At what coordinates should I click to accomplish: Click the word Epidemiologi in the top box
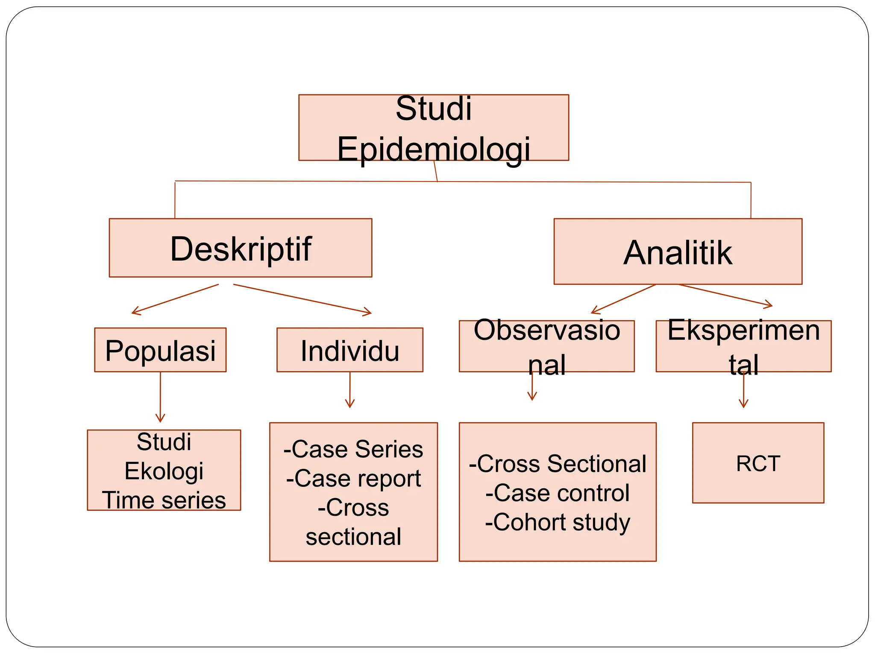coord(433,149)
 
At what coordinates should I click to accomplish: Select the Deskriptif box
coord(241,248)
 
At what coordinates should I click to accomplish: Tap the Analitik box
coord(678,252)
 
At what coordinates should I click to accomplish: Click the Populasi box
coord(160,350)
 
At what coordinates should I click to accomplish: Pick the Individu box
coord(349,350)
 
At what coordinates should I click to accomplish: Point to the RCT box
coord(758,463)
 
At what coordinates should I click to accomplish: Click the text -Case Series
coord(353,449)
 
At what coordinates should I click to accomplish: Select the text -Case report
coord(353,478)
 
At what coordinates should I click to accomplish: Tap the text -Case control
coord(558,493)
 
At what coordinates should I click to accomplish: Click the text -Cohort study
coord(558,522)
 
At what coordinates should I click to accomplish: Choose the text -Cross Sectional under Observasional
coord(558,464)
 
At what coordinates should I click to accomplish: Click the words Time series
coord(164,500)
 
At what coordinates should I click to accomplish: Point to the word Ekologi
coord(164,471)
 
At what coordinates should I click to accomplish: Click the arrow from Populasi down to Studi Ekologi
coord(160,397)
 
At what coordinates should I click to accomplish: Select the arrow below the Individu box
coord(350,389)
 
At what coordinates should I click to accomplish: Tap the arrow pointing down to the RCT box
coord(743,391)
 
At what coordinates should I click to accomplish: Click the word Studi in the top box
coord(433,108)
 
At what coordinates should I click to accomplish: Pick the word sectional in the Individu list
coord(353,537)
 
